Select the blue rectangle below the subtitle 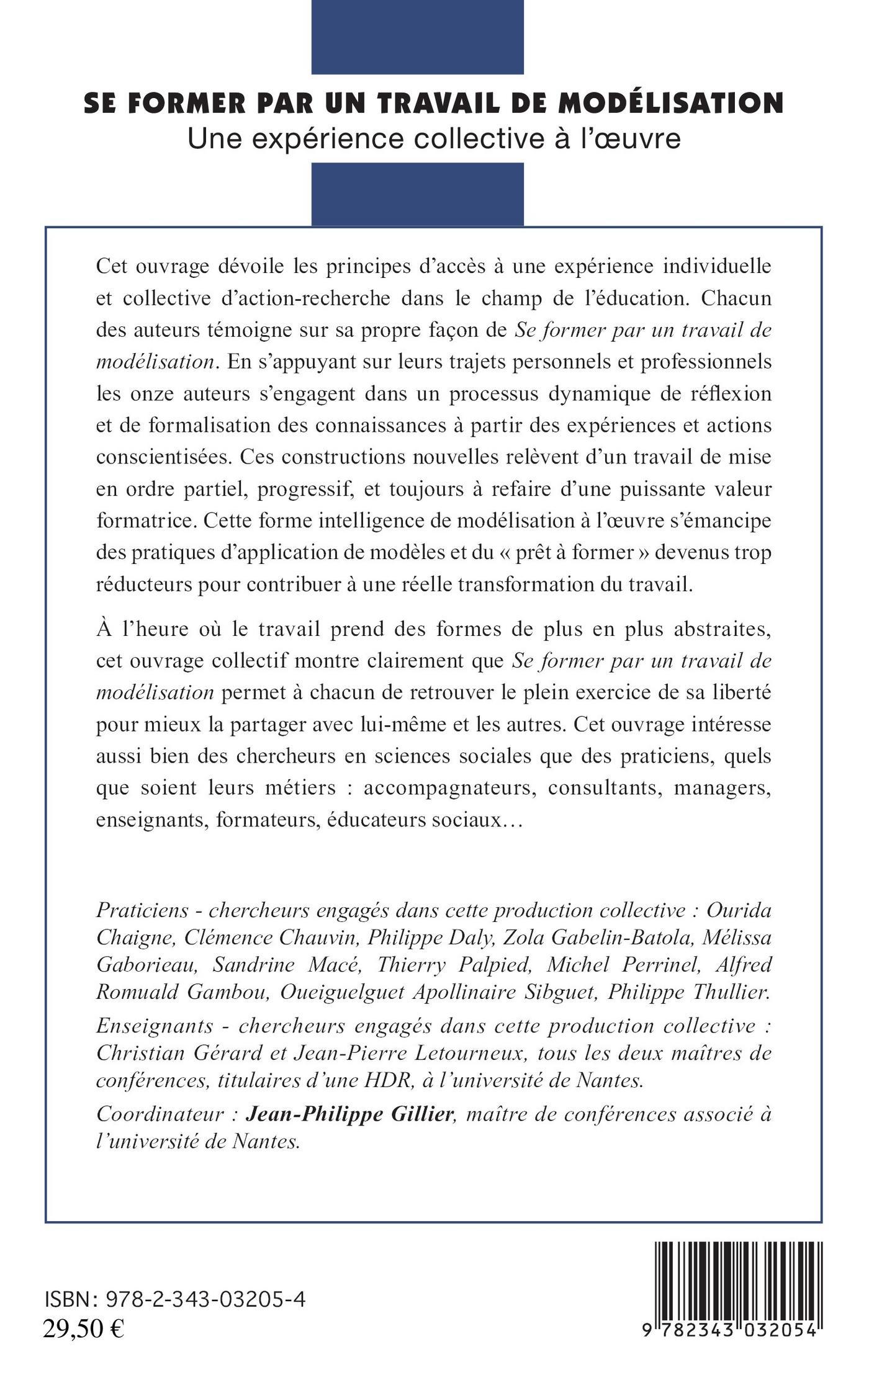[x=417, y=194]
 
